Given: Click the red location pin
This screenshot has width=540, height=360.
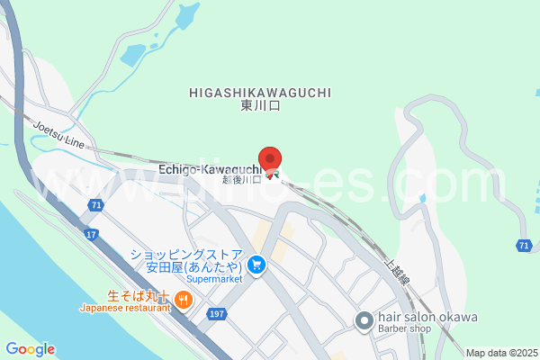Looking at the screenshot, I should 270,157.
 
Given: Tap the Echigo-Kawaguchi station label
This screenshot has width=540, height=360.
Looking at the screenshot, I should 211,168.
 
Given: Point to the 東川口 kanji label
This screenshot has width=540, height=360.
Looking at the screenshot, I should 261,106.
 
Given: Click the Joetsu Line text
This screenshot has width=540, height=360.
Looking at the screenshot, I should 59,134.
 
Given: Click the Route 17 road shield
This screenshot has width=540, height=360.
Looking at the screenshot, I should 91,235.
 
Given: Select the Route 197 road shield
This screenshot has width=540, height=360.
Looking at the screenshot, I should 215,313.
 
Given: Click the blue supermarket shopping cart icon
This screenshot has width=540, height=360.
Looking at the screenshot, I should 257,265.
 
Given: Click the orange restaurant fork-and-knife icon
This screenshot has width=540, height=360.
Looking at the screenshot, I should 183,300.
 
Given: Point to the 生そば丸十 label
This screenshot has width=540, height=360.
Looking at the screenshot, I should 139,294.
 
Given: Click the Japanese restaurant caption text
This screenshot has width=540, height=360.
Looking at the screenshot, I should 125,308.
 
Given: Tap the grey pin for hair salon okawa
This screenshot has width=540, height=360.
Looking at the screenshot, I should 364,320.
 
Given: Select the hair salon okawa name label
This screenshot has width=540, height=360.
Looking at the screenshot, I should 427,317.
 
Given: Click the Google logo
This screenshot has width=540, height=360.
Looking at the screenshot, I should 30,349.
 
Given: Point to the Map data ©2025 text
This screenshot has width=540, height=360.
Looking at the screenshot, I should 500,352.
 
